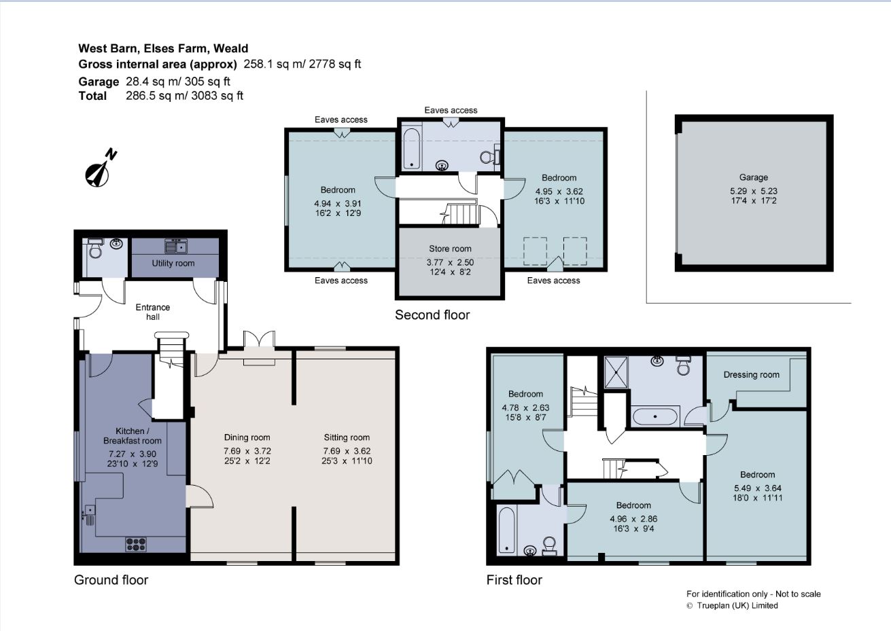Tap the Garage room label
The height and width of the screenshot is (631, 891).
[754, 177]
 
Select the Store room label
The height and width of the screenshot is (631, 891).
[450, 249]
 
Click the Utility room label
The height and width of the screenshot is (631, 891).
[173, 264]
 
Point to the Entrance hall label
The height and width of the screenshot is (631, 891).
[153, 312]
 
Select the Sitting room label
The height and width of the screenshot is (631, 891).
[347, 437]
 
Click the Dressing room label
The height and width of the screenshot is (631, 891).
[751, 375]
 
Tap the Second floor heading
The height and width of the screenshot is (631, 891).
[432, 314]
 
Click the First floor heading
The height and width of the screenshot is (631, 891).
[514, 579]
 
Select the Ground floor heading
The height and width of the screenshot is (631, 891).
[111, 579]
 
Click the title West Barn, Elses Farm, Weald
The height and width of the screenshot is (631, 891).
[163, 48]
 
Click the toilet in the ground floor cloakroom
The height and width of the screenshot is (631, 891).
[96, 252]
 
